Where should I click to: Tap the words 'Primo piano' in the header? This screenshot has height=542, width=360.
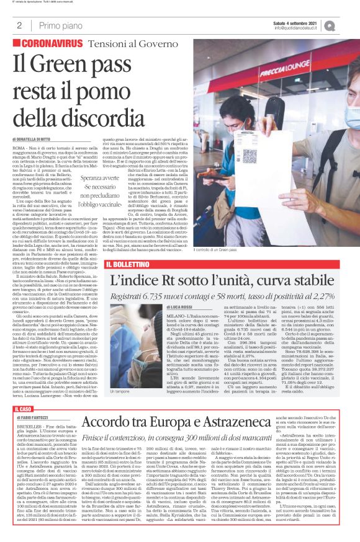[57, 25]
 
